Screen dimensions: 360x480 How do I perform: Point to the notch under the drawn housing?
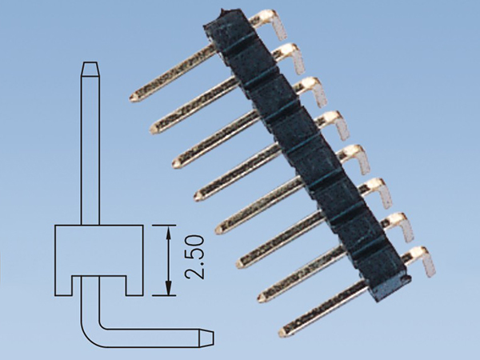tap(98, 283)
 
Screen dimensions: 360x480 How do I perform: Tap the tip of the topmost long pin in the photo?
tap(134, 98)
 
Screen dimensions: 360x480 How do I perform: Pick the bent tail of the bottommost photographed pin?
tap(428, 265)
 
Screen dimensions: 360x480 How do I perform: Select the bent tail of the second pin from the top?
tap(297, 59)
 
